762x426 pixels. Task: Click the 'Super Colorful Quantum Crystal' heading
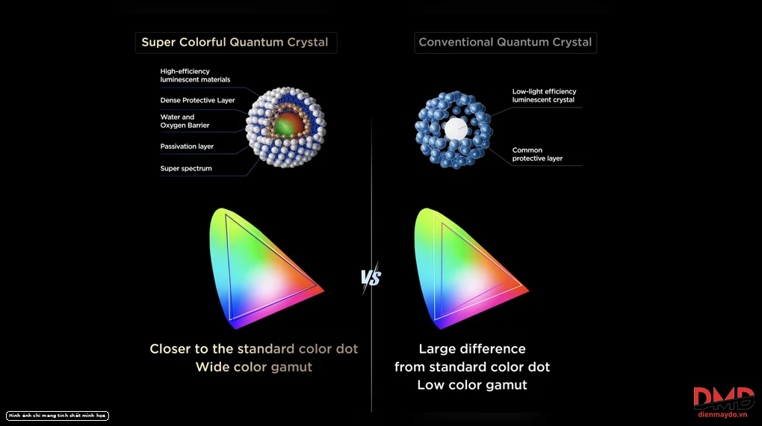pos(235,43)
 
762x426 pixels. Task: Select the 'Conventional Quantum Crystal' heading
pos(505,43)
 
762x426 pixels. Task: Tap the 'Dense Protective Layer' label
pos(197,100)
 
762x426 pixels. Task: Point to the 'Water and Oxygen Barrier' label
pos(185,121)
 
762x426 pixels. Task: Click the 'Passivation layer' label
pos(187,146)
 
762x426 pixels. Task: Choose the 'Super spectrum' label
pos(185,168)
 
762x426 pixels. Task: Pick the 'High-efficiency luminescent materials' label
pos(195,75)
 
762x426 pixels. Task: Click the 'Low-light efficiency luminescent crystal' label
pos(544,96)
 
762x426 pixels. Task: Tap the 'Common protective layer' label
pos(537,154)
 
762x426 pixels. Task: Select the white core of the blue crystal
pos(456,129)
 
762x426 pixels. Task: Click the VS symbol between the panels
pos(371,278)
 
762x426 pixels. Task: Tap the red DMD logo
pos(724,398)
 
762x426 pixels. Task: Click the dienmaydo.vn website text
pos(722,415)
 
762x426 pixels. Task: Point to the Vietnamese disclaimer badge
pos(58,416)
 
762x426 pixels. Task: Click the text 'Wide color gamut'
pos(254,367)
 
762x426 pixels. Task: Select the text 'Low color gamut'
pos(472,385)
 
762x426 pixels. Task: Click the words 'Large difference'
pos(472,349)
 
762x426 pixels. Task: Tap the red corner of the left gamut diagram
pos(321,290)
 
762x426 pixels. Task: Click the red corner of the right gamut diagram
pos(527,290)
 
